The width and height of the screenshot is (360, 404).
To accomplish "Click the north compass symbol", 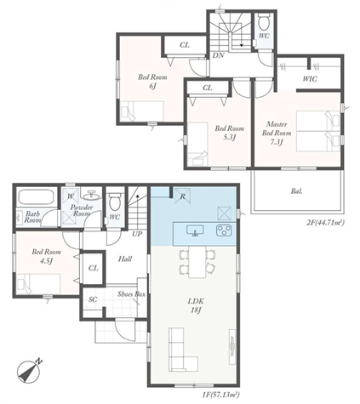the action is click(28, 371).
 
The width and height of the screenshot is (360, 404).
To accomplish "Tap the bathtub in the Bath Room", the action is click(36, 196).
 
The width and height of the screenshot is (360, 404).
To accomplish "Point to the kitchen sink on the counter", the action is click(195, 230).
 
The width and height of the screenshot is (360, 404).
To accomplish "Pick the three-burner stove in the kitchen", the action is click(224, 230).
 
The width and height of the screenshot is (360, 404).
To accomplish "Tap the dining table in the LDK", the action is click(197, 262).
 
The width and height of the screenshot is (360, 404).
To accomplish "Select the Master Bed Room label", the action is click(277, 133).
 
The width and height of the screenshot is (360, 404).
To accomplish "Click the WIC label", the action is click(310, 79).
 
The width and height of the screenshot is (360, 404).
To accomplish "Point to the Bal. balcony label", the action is click(296, 191).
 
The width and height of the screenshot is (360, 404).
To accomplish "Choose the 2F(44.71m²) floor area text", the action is click(325, 223).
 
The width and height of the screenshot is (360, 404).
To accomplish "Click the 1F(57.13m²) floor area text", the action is click(220, 394).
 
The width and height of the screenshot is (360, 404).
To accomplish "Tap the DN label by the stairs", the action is click(219, 55).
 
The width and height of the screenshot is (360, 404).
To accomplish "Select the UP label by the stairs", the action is click(137, 234).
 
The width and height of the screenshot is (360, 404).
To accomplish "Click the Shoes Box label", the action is click(132, 294).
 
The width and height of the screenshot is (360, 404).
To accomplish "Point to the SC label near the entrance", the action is click(93, 299).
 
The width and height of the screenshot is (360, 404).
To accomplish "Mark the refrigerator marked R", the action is click(182, 196).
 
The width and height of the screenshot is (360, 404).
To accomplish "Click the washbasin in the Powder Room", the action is click(90, 195).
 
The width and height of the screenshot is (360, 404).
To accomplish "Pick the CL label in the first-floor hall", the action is click(93, 268).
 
